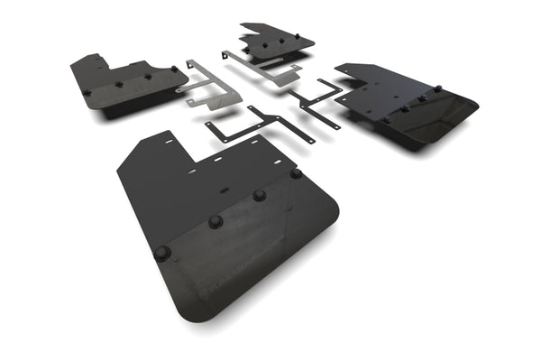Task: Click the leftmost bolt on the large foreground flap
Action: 162,253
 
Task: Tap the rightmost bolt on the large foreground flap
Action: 296,173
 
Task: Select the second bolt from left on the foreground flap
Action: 215,221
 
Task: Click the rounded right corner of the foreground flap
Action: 332,213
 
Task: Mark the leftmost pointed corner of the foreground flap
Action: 118,168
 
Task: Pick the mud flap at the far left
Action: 126,83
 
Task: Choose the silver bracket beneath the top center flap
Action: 263,69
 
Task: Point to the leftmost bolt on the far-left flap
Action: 87,91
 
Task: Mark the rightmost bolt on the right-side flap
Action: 438,88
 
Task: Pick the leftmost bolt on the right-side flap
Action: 385,118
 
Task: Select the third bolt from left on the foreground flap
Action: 260,194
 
